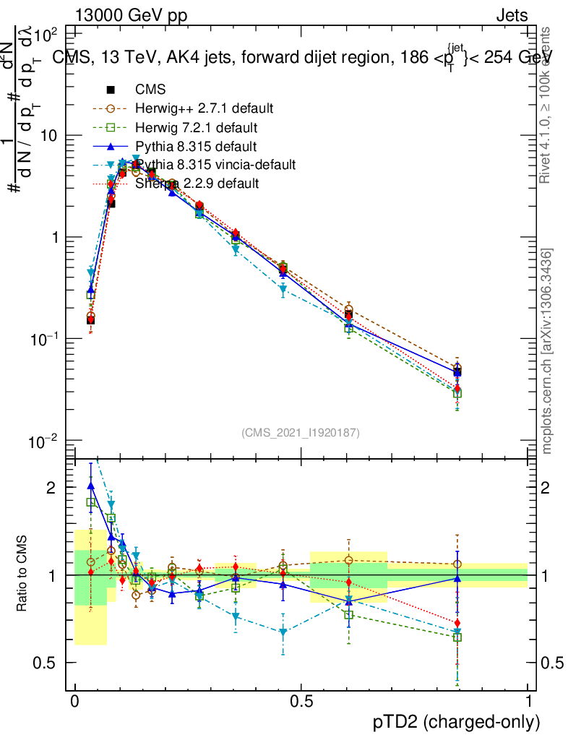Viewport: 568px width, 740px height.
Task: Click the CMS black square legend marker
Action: point(111,90)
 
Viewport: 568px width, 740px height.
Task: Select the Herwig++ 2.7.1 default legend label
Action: point(204,109)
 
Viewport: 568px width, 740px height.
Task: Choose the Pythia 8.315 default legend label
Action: point(197,147)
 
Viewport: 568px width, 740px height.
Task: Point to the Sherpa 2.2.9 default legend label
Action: point(197,184)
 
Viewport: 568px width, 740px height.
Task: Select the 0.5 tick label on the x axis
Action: point(301,701)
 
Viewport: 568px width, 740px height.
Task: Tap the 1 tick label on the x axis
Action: point(528,701)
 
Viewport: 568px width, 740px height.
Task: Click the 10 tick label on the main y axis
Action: point(49,136)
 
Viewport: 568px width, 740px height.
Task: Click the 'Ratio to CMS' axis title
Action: point(24,575)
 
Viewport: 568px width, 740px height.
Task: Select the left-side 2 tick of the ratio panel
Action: point(51,488)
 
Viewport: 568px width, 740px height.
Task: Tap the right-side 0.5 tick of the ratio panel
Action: point(551,663)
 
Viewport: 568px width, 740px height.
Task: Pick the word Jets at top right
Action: point(512,16)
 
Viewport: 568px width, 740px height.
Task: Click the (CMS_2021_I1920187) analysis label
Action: point(300,432)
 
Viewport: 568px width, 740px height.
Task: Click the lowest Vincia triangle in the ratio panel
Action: point(283,632)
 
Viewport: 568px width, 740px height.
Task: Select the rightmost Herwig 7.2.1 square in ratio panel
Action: point(457,637)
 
